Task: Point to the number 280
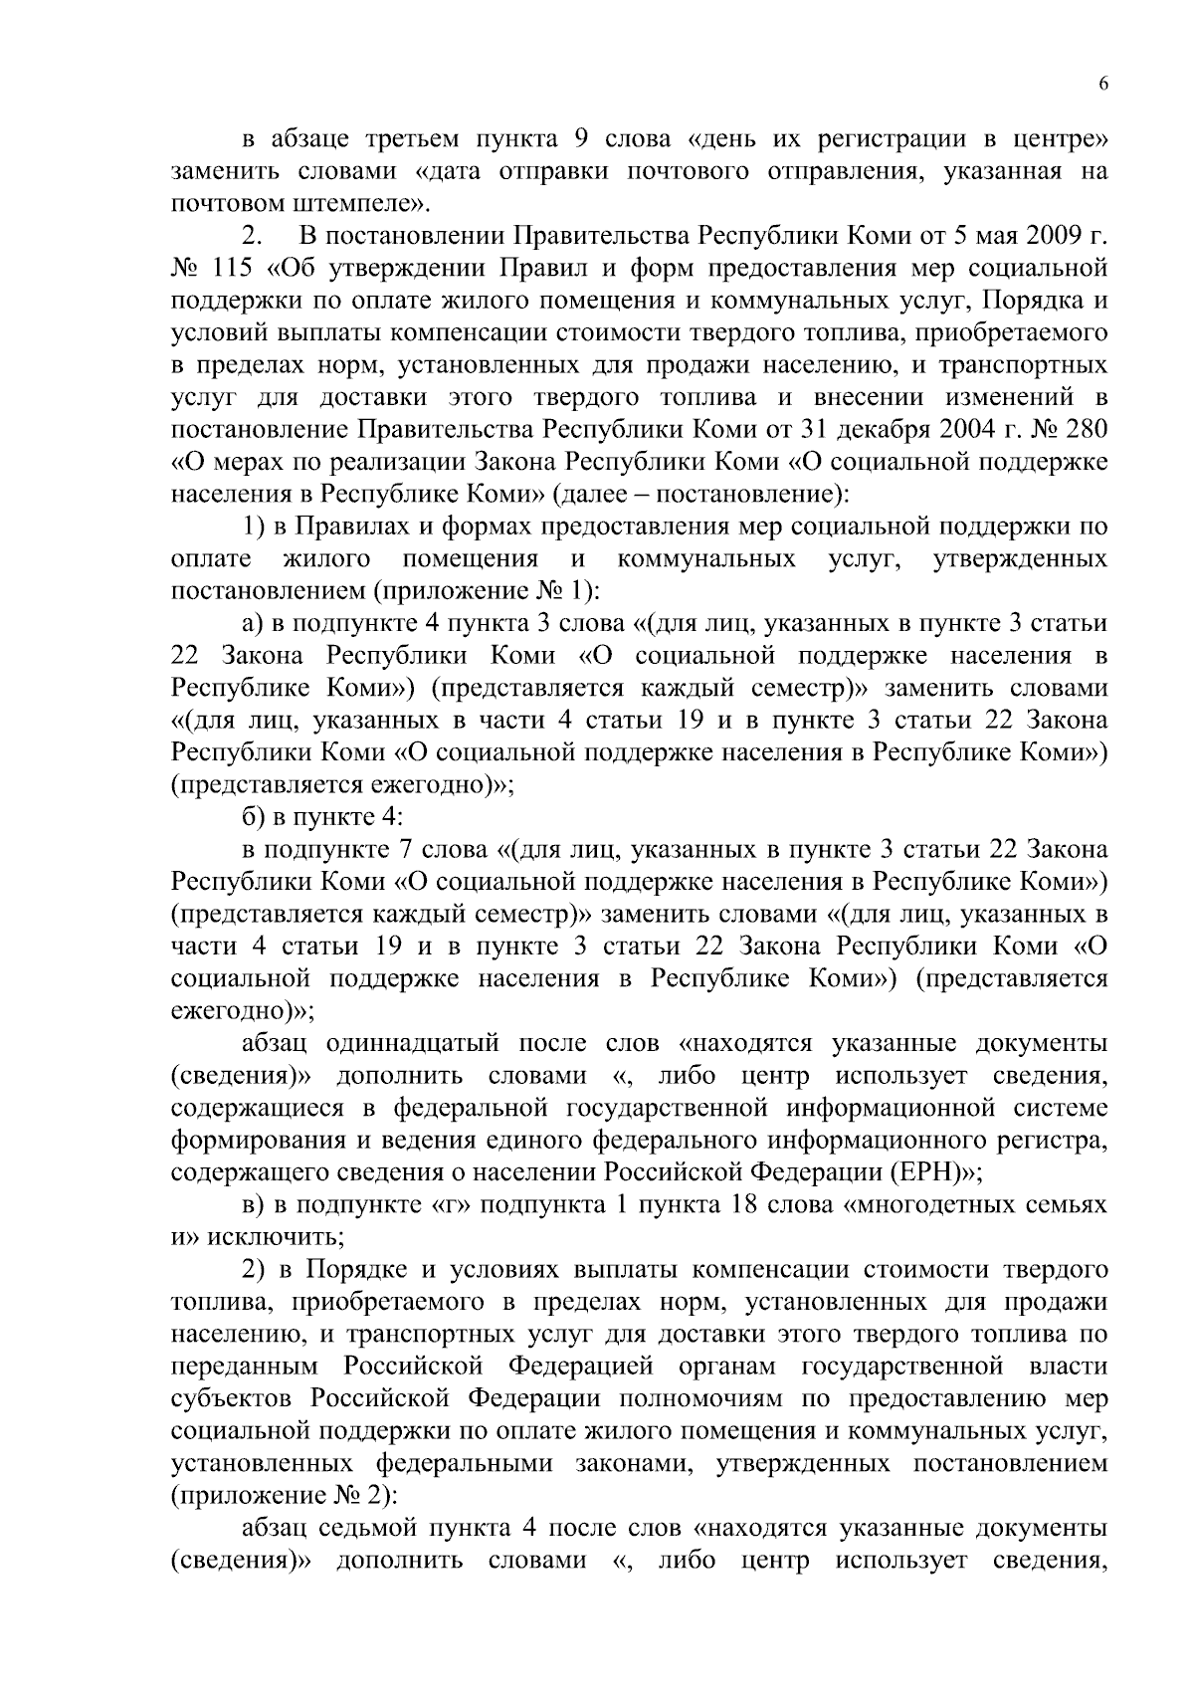[1083, 429]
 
